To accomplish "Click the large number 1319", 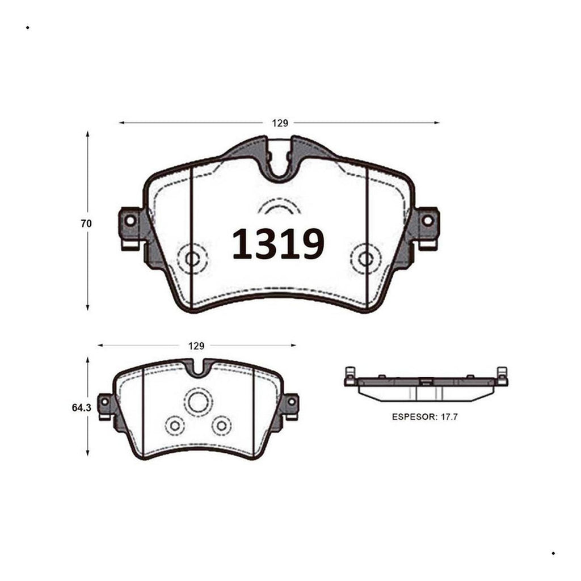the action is pyautogui.click(x=278, y=243).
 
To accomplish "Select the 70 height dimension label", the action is pyautogui.click(x=86, y=224).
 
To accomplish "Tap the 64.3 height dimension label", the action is pyautogui.click(x=82, y=407).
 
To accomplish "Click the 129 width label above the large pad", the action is pyautogui.click(x=280, y=123).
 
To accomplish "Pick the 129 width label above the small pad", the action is pyautogui.click(x=196, y=346).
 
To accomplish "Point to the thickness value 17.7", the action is pyautogui.click(x=449, y=417).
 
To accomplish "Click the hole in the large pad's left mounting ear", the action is pyautogui.click(x=130, y=221).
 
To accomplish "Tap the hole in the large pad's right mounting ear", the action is pyautogui.click(x=428, y=221).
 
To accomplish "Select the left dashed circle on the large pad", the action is pyautogui.click(x=192, y=259).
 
